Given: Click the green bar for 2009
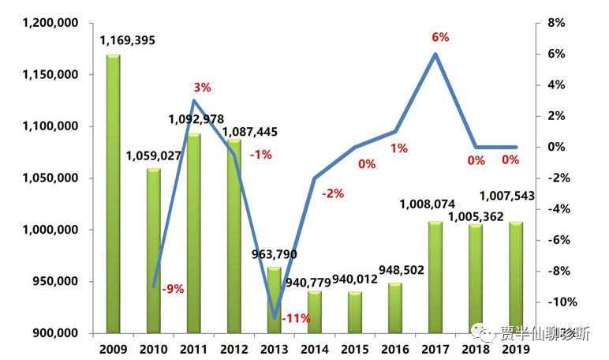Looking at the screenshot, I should coord(113,193).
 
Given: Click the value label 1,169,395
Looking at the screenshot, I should coord(131,39).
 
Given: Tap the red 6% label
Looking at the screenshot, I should coord(440,37).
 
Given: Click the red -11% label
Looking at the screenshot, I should coord(295,319).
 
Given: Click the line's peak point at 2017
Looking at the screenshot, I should coord(435,54).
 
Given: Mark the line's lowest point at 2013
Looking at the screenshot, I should coord(275,317).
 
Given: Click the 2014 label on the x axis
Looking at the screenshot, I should coord(315,348).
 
